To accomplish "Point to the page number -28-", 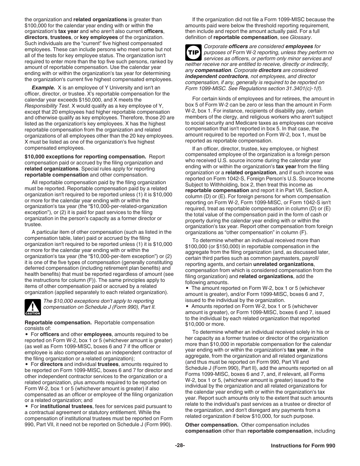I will point(180,446).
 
